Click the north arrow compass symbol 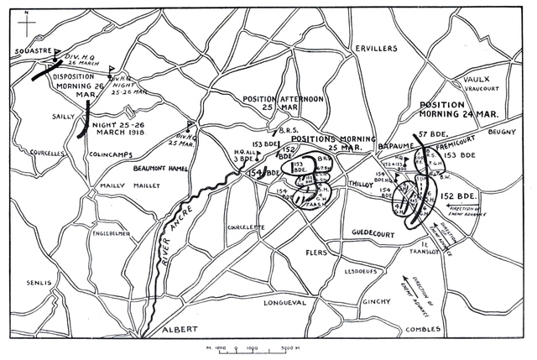pyautogui.click(x=26, y=23)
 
